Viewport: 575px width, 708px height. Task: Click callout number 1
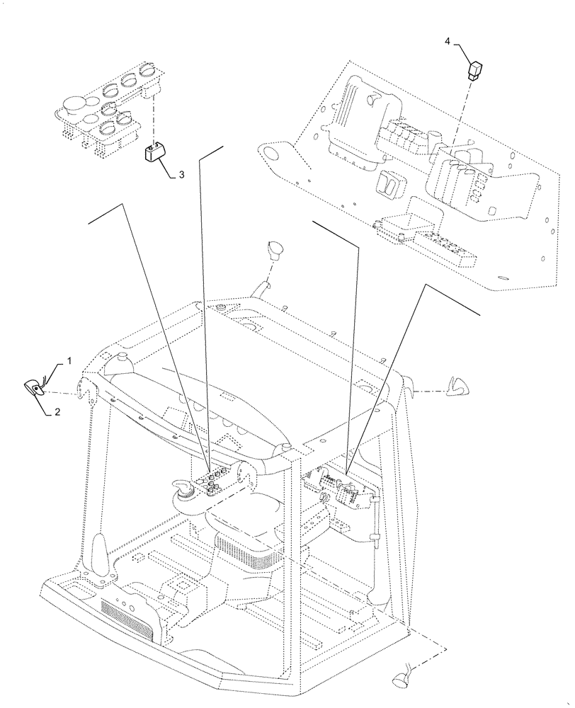click(x=69, y=361)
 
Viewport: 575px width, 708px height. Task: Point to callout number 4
click(x=447, y=42)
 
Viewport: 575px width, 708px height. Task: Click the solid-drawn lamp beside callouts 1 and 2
click(x=35, y=387)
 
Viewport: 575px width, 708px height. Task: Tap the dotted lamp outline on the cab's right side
click(x=456, y=387)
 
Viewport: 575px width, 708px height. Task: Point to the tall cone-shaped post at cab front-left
click(x=100, y=556)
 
